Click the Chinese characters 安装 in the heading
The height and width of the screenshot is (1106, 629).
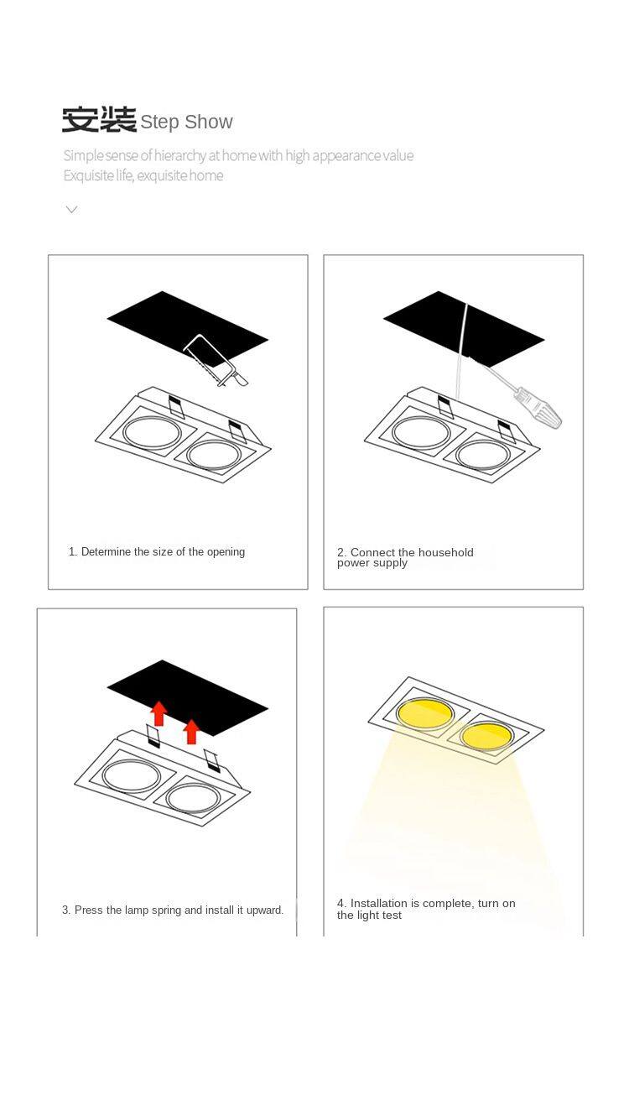pyautogui.click(x=99, y=119)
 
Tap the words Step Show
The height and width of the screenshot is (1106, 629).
pyautogui.click(x=186, y=122)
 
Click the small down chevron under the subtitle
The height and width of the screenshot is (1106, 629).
pyautogui.click(x=71, y=209)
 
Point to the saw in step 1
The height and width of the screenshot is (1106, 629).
pyautogui.click(x=215, y=360)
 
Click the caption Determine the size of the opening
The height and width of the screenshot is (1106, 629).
pyautogui.click(x=157, y=551)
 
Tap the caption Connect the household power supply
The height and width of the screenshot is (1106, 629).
pyautogui.click(x=405, y=557)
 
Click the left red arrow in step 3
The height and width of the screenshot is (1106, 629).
pyautogui.click(x=159, y=713)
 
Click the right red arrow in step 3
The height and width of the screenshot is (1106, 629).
pyautogui.click(x=191, y=731)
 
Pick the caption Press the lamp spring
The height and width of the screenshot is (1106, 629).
pyautogui.click(x=173, y=910)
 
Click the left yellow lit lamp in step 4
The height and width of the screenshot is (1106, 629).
pyautogui.click(x=424, y=713)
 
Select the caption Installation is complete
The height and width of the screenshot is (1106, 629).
pyautogui.click(x=426, y=909)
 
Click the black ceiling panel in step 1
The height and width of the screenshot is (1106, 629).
pyautogui.click(x=188, y=328)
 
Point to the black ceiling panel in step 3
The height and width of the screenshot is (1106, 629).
pyautogui.click(x=188, y=697)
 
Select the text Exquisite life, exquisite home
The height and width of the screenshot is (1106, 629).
pyautogui.click(x=143, y=175)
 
